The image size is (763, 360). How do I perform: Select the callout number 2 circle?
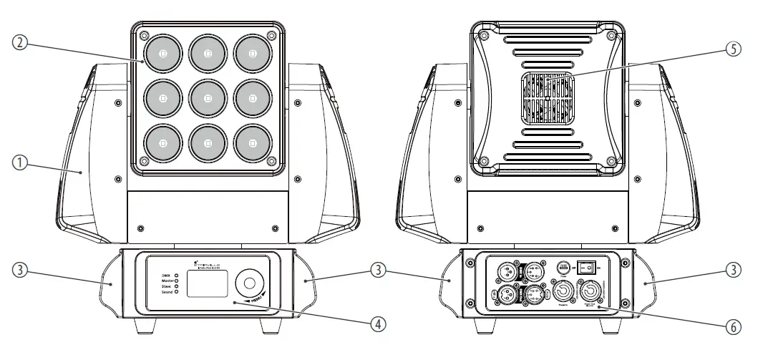[x=21, y=42]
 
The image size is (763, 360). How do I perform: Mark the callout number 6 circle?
[x=731, y=326]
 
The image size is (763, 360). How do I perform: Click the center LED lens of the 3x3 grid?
[x=208, y=97]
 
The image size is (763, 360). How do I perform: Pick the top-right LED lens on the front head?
[x=253, y=52]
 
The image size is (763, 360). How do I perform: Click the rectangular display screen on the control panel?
[x=207, y=284]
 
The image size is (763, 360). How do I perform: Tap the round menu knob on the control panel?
[x=250, y=283]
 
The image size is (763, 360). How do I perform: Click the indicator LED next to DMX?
[x=176, y=276]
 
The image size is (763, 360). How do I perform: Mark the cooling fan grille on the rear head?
[x=547, y=97]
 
